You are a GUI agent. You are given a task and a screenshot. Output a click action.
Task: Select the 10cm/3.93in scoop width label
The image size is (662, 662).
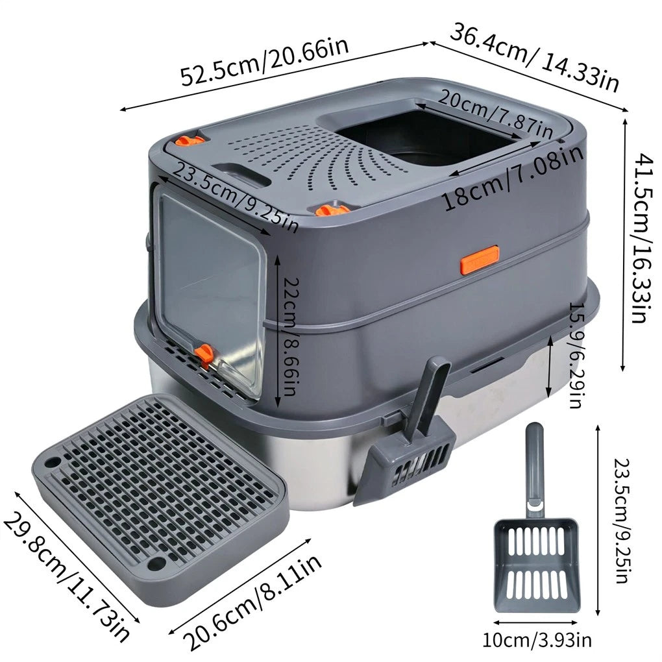tap(537, 641)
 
